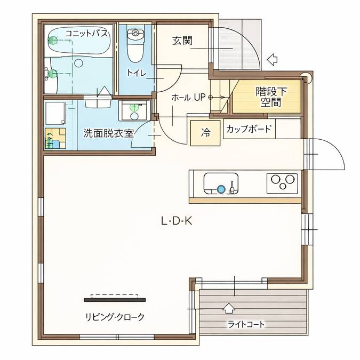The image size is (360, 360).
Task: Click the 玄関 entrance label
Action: [182, 41]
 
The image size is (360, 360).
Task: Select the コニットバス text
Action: [86, 34]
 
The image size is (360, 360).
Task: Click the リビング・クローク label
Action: [115, 317]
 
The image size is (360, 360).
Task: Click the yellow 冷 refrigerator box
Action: [205, 133]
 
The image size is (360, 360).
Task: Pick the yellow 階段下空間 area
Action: [269, 97]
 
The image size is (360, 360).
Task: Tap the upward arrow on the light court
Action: [228, 308]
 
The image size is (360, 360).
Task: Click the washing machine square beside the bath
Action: [55, 113]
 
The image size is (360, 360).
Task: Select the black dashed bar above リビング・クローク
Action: [115, 295]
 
